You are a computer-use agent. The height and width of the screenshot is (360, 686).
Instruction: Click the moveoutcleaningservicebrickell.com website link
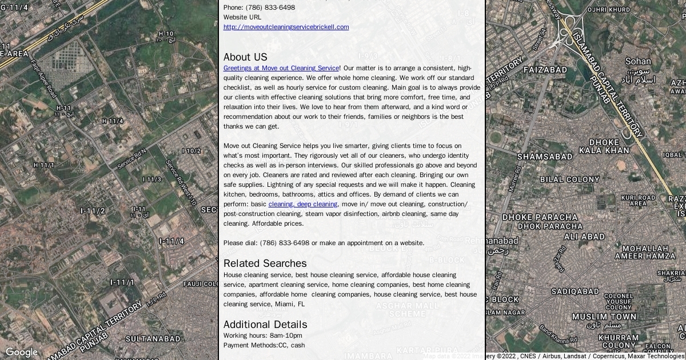[286, 27]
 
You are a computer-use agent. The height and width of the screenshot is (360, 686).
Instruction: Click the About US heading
[245, 57]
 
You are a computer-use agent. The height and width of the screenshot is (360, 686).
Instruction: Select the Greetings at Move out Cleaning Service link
[281, 68]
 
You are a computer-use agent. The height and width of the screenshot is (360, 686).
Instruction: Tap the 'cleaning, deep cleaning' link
[303, 204]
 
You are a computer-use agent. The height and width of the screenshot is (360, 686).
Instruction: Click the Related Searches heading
[265, 263]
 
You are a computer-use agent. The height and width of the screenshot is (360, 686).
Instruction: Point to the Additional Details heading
[265, 325]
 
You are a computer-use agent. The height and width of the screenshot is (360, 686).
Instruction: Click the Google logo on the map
[22, 352]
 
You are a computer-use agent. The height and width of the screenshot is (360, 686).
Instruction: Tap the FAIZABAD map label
[545, 70]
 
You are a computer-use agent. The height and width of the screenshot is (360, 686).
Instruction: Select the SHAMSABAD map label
[545, 156]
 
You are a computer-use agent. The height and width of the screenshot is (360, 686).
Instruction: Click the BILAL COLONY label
[569, 179]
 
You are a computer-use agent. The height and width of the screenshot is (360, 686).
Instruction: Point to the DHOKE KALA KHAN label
[604, 146]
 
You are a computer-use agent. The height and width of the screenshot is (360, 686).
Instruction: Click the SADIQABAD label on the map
[575, 291]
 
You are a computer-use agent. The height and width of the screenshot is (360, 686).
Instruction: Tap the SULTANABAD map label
[153, 339]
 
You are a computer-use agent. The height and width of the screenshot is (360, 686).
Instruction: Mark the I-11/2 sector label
[93, 211]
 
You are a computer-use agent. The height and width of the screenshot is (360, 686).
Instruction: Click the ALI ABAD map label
[584, 237]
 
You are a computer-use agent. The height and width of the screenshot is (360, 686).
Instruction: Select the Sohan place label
[637, 61]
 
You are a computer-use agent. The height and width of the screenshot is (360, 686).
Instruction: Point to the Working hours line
[262, 335]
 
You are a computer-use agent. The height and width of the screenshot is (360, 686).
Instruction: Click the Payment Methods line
[264, 345]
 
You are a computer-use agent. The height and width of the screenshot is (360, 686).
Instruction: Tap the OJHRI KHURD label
[609, 10]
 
